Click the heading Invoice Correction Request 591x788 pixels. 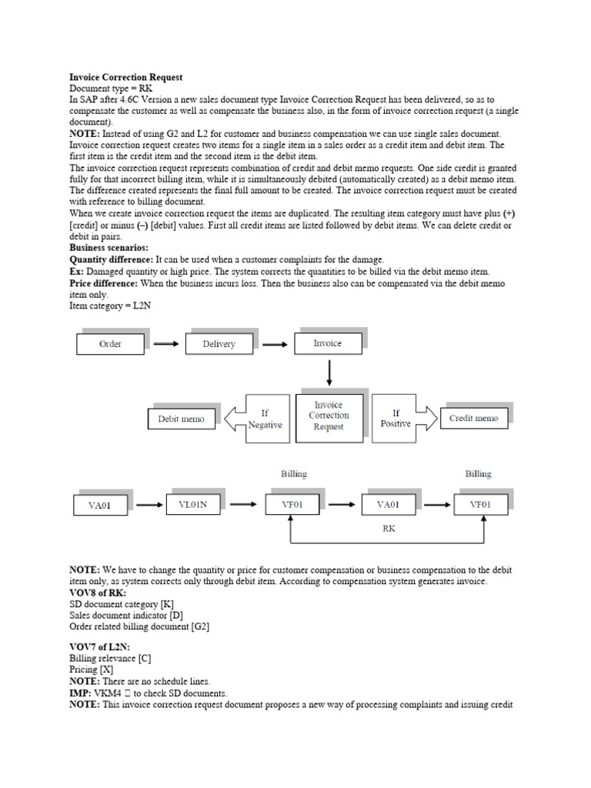(x=126, y=78)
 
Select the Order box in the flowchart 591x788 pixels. (x=110, y=343)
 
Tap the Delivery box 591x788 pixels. (x=219, y=343)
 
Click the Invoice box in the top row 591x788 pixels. (x=328, y=342)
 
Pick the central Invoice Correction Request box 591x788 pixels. (x=329, y=416)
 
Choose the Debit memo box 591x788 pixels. (x=181, y=419)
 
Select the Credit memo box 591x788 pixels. (x=473, y=419)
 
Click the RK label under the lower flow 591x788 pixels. (x=389, y=529)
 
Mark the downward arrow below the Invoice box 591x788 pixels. (x=329, y=371)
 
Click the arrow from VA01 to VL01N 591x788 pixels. (x=145, y=506)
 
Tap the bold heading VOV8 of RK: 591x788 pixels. (x=98, y=593)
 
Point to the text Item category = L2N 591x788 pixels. (x=109, y=306)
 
